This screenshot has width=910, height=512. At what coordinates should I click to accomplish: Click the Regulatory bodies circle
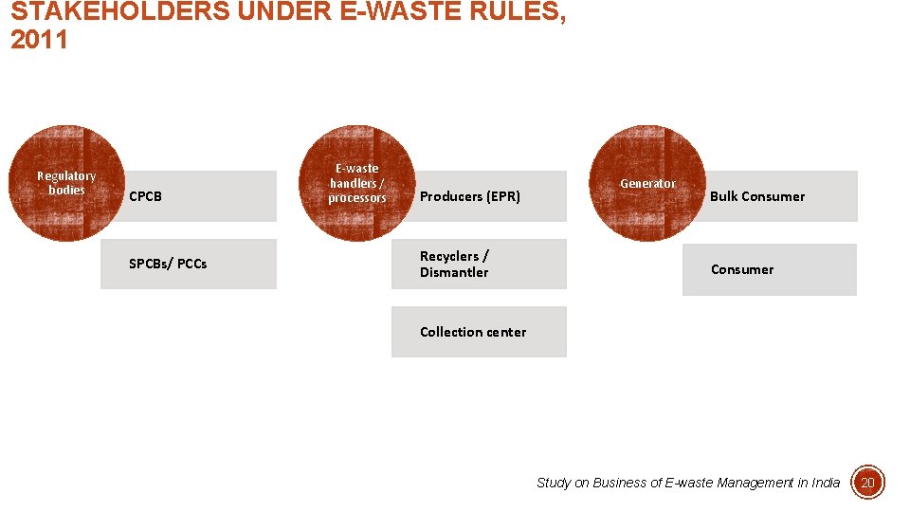click(x=66, y=183)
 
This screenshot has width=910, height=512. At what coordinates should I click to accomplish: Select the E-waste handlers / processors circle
click(x=357, y=183)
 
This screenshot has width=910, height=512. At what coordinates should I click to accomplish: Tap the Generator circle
click(x=647, y=183)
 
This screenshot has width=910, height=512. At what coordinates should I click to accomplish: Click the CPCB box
click(x=199, y=196)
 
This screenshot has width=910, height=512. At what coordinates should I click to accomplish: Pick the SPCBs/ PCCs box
click(x=188, y=264)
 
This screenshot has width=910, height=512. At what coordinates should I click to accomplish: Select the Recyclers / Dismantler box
click(x=479, y=264)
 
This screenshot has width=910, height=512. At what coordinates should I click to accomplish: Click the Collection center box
click(x=479, y=332)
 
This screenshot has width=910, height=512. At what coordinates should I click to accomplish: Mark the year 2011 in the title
click(x=39, y=41)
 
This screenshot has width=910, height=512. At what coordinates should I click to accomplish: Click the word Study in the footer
click(x=554, y=483)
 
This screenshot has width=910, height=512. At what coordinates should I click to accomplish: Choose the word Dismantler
click(x=454, y=273)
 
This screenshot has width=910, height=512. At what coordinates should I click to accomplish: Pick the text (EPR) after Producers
click(x=502, y=196)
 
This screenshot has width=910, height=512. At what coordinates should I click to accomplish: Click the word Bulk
click(x=725, y=196)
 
